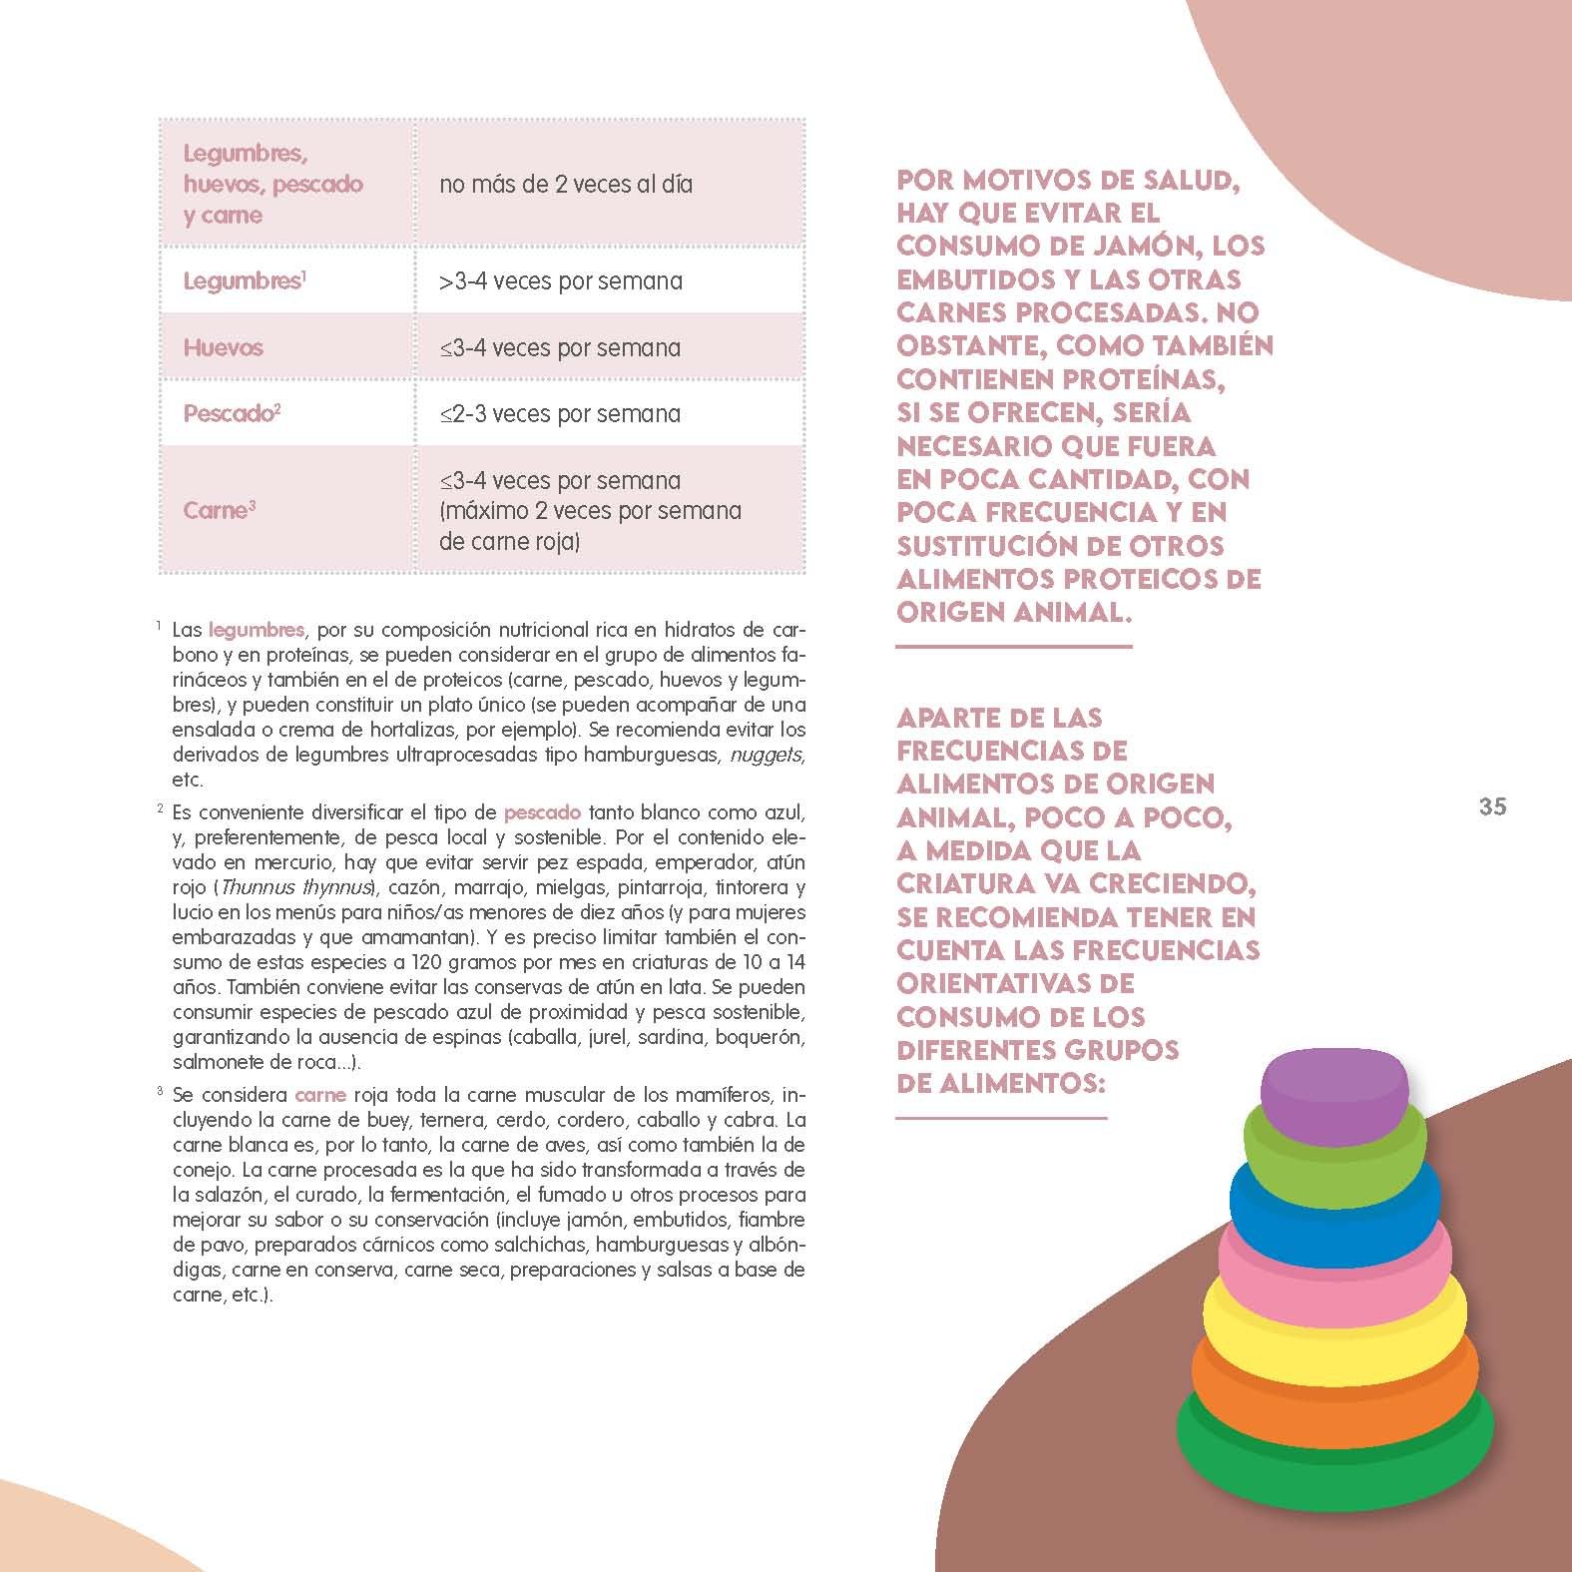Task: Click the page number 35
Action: pyautogui.click(x=1492, y=806)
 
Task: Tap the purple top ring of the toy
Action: pyautogui.click(x=1334, y=1087)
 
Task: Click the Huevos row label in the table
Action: pyautogui.click(x=223, y=347)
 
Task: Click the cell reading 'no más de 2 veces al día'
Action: pyautogui.click(x=565, y=184)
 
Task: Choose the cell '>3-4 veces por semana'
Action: pyautogui.click(x=560, y=281)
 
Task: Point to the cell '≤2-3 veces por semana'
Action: pyautogui.click(x=560, y=413)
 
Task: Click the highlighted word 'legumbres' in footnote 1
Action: pyautogui.click(x=257, y=630)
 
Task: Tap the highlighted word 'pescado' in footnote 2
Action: pyautogui.click(x=542, y=812)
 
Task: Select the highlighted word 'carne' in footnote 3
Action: pyautogui.click(x=320, y=1094)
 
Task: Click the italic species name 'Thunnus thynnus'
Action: pyautogui.click(x=295, y=887)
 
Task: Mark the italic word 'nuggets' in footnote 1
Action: pyautogui.click(x=766, y=755)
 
